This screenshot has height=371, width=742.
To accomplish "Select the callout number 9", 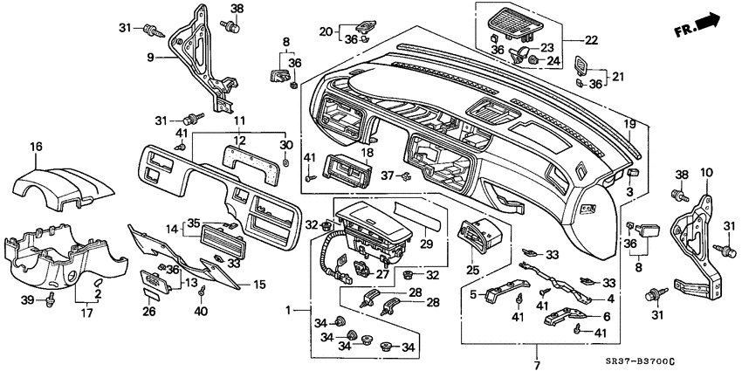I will click(x=150, y=58).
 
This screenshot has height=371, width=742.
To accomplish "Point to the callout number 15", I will click(x=258, y=284).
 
